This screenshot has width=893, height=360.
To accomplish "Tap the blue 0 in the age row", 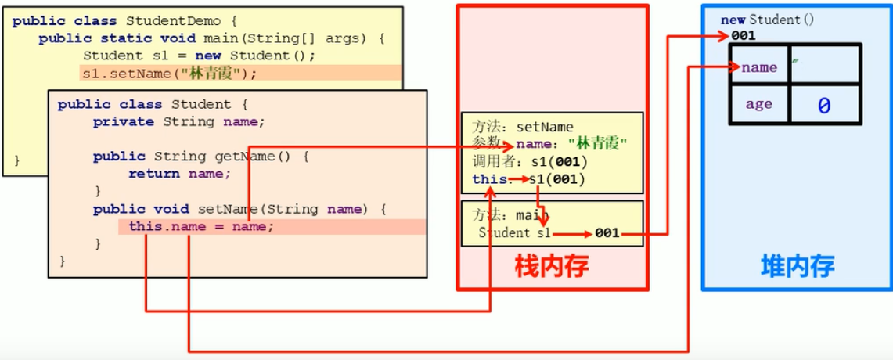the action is click(x=823, y=105).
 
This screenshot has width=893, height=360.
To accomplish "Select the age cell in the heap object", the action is click(x=758, y=104).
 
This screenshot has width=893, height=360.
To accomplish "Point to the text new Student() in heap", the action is click(x=768, y=20).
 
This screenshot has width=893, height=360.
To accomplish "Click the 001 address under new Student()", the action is click(x=744, y=36).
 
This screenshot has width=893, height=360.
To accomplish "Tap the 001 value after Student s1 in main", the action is click(x=607, y=233).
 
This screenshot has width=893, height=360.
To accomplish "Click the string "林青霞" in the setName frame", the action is click(x=602, y=143).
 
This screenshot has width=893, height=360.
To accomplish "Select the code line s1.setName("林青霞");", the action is click(x=169, y=74).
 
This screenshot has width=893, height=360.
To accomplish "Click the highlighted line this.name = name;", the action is click(x=202, y=226).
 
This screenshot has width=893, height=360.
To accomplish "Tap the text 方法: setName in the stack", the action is click(x=523, y=127).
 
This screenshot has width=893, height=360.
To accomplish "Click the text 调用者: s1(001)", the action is click(x=529, y=161).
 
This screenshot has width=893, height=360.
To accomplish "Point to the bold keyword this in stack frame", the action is click(x=488, y=179).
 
